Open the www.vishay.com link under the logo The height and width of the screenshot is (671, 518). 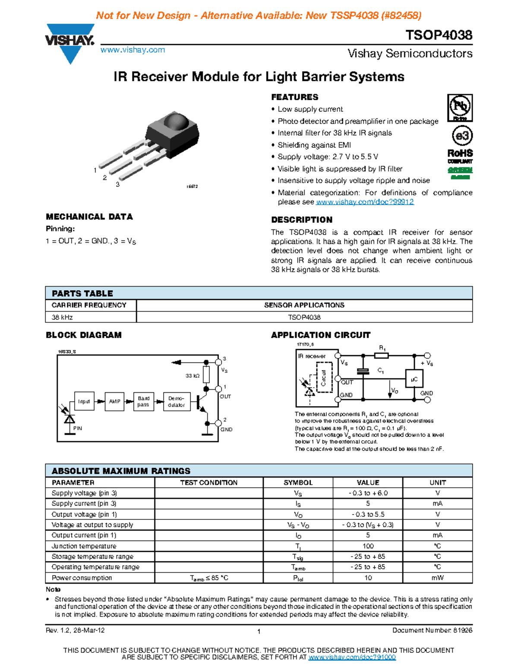(133, 50)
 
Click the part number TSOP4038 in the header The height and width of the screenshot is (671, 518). (439, 35)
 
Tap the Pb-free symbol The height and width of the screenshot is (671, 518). (460, 108)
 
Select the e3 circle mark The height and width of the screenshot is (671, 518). (462, 136)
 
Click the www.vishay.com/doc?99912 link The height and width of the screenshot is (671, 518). (365, 202)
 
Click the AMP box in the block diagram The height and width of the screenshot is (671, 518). (114, 401)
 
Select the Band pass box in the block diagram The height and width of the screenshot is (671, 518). (143, 401)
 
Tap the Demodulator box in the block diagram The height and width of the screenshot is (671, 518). (177, 401)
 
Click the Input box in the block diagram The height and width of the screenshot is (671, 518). (84, 401)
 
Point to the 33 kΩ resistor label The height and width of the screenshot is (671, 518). (193, 376)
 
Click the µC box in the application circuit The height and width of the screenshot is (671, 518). (414, 379)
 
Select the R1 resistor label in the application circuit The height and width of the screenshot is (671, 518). (382, 348)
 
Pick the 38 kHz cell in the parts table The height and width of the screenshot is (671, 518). (62, 317)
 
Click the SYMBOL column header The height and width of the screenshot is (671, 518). (298, 483)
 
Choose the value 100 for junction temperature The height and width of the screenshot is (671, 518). (368, 546)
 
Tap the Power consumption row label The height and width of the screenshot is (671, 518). (82, 578)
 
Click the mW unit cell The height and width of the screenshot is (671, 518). (437, 578)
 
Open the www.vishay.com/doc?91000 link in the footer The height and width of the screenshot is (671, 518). (352, 657)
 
